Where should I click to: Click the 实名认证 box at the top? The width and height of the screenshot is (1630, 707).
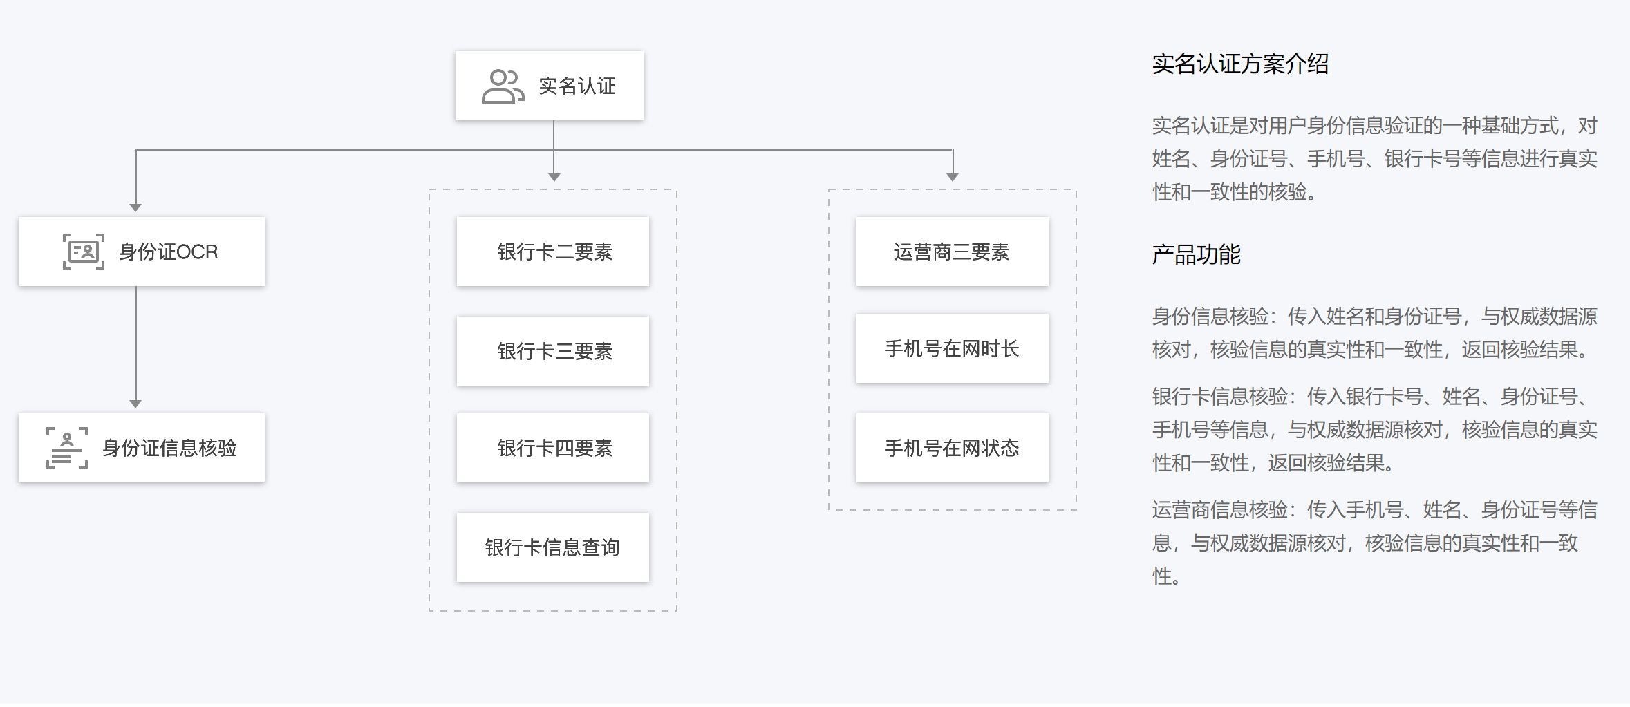[x=550, y=86]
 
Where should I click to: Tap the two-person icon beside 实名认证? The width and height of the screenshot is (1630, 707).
[x=503, y=86]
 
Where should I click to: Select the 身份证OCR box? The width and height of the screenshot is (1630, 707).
[x=142, y=252]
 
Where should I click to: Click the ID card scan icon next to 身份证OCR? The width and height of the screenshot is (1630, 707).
[x=84, y=252]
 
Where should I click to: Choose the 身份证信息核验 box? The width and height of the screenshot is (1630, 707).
[x=142, y=448]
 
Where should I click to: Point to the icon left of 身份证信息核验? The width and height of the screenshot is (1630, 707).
[x=67, y=448]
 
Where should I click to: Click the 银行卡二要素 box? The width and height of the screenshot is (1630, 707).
[x=553, y=252]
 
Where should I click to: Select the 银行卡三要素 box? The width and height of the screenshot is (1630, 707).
[x=553, y=351]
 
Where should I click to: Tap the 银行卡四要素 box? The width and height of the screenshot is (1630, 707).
[x=553, y=448]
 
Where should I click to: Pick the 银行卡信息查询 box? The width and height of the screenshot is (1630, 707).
[x=553, y=547]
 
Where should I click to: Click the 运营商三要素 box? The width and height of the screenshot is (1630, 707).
[x=953, y=252]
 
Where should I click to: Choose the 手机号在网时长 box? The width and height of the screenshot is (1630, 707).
[x=953, y=348]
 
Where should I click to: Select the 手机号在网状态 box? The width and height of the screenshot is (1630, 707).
[x=953, y=448]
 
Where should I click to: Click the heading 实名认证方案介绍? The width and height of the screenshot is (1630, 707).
[x=1240, y=64]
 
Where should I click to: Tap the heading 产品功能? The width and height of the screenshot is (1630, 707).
[x=1196, y=254]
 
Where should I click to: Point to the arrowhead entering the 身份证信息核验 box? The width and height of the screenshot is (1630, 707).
[x=135, y=404]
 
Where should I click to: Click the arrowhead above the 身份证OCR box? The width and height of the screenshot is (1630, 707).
[x=135, y=207]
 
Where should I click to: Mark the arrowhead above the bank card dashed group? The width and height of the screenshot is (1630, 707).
[x=554, y=177]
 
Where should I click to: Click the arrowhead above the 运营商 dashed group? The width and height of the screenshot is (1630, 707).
[x=953, y=177]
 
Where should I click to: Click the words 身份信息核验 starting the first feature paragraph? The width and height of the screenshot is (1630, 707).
[x=1210, y=317]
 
